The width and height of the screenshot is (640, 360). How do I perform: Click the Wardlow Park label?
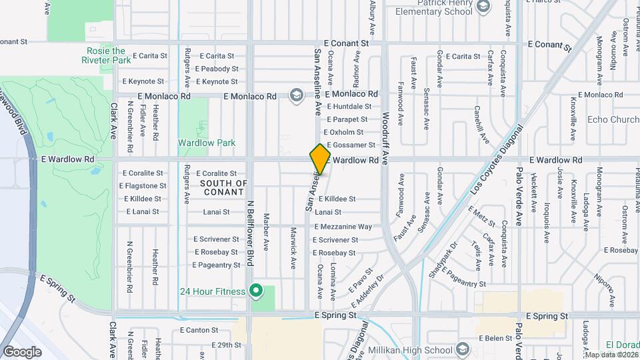tap(207, 143)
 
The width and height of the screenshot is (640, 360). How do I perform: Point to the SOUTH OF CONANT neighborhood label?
tap(223, 188)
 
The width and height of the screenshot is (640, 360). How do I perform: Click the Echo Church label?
tap(613, 120)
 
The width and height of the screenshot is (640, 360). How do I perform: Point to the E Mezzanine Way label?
tap(343, 227)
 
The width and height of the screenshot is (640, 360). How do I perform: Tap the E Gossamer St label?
tap(349, 145)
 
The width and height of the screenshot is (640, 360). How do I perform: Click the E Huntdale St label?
tap(349, 107)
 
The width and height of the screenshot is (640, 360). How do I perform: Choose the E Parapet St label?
tap(345, 119)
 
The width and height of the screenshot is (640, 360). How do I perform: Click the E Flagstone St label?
tap(144, 186)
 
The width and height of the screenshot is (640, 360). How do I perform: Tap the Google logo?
tap(22, 351)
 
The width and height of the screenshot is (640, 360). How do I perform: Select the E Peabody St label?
tap(217, 69)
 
